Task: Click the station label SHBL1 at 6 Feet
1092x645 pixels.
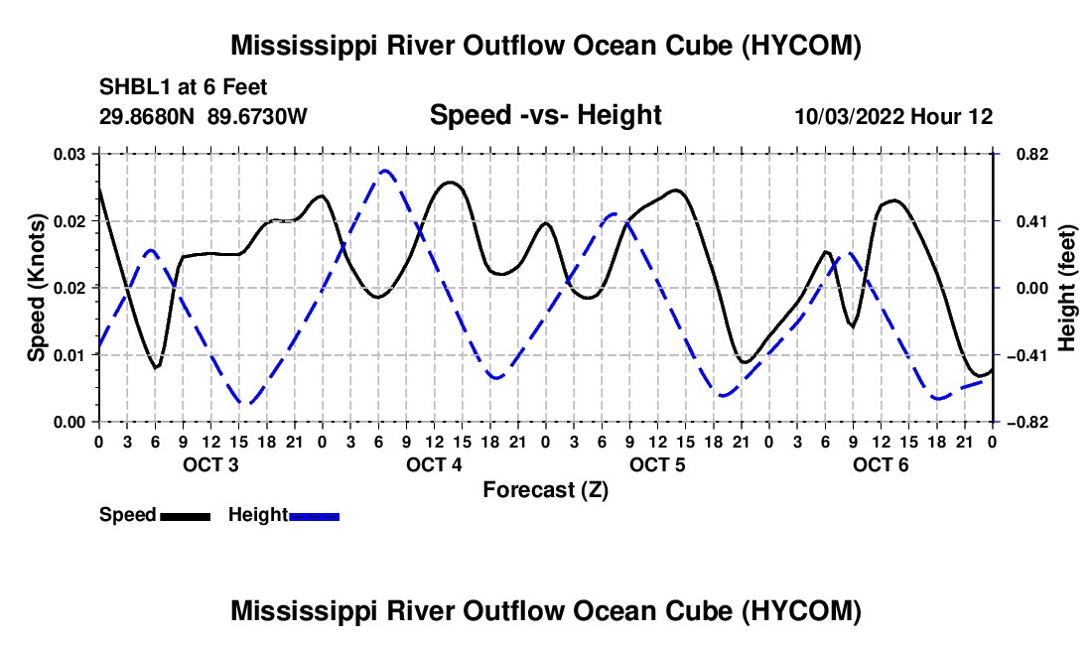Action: coord(184,87)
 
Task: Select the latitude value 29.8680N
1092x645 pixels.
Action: coord(147,116)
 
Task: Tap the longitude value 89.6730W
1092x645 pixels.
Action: coord(257,116)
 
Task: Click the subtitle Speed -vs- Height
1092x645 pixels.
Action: coord(545,115)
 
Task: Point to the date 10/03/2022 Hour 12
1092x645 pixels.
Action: coord(893,116)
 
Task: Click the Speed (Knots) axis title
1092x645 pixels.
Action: coord(36,288)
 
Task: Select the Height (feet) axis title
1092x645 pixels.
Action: coord(1066,288)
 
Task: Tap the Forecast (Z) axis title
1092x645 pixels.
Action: coord(545,490)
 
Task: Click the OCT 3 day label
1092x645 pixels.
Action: coord(210,464)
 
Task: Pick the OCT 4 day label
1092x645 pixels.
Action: coord(434,464)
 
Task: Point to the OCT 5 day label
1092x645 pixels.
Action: coord(657,464)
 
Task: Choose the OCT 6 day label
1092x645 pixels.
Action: coord(881,464)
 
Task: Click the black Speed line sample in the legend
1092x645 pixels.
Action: coord(185,516)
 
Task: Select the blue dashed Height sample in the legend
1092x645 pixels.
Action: coord(314,516)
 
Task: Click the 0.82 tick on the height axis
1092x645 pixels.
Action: coord(1032,154)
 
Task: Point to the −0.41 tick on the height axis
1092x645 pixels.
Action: coord(1026,355)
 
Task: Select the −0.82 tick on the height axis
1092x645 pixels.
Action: coord(1026,423)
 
